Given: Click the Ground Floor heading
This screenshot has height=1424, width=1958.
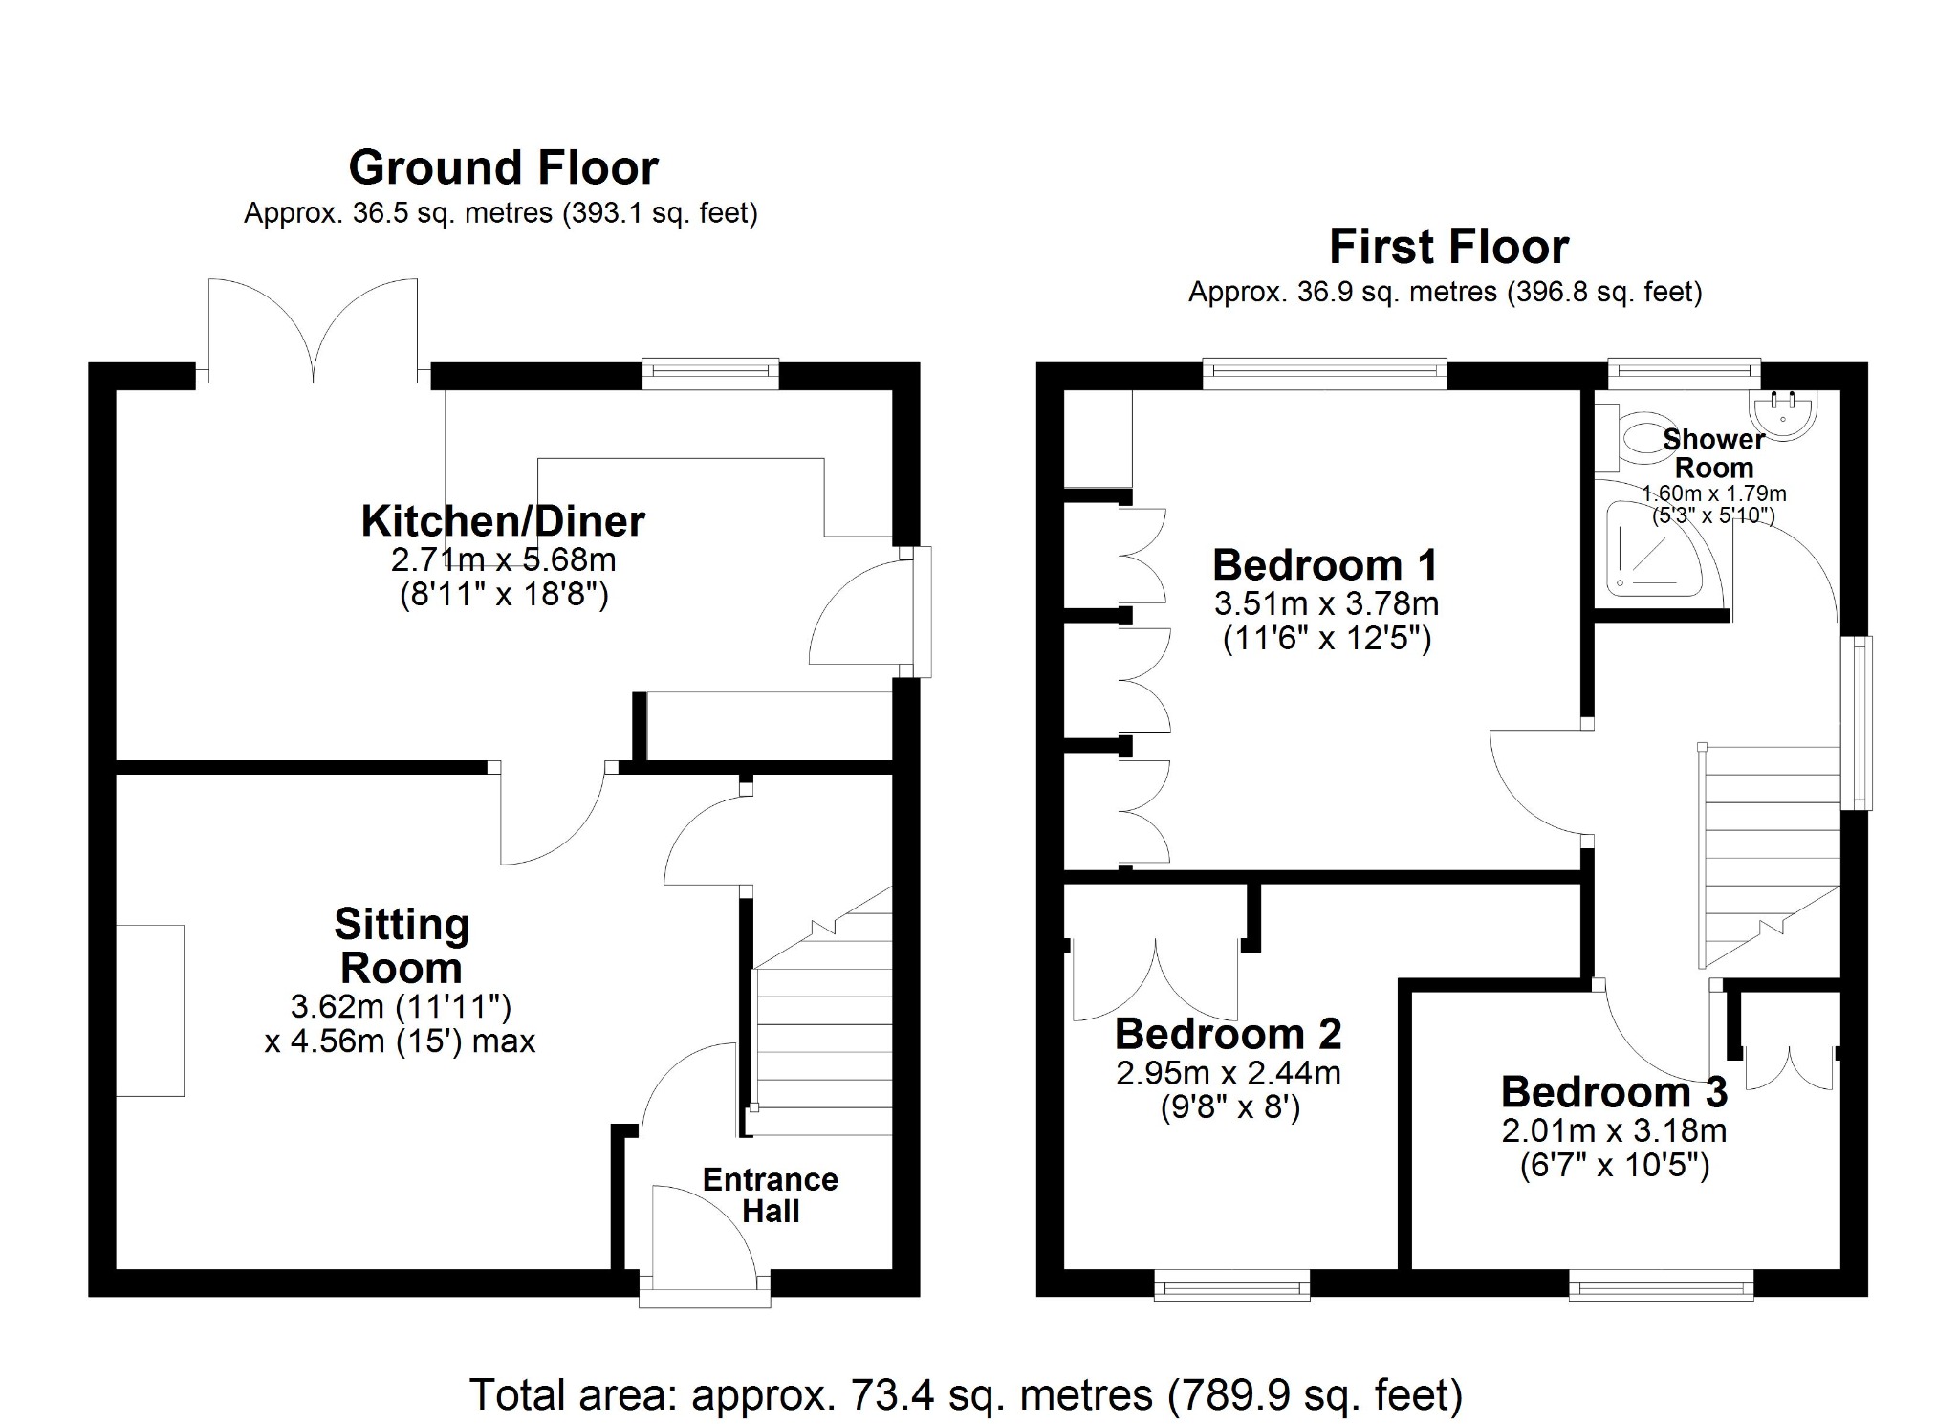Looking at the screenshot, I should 503,168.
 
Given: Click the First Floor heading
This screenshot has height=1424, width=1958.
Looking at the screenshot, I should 1448,247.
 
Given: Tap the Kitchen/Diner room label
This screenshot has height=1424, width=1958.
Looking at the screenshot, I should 503,521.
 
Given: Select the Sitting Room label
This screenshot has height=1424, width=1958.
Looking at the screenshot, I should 402,946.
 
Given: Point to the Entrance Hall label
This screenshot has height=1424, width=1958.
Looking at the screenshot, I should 770,1195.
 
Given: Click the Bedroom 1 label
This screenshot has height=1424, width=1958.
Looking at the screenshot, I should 1325,565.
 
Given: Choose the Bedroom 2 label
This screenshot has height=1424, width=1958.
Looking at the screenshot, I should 1228,1034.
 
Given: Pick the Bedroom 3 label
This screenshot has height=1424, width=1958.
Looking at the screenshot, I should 1614,1091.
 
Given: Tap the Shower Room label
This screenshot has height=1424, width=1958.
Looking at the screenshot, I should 1714,453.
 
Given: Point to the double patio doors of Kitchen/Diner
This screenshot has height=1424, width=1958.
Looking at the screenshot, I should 314,330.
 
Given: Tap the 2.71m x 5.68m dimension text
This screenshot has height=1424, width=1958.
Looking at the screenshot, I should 503,559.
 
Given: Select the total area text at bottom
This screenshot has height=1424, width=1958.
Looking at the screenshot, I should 966,1395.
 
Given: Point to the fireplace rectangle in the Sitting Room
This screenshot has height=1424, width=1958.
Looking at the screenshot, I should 150,1010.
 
